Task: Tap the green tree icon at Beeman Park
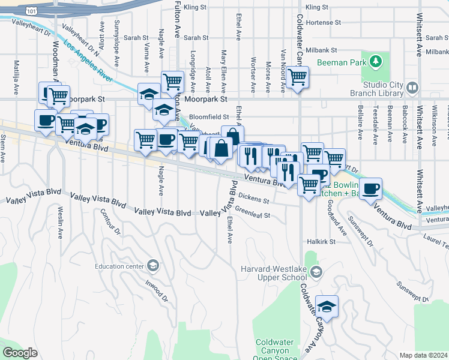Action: pyautogui.click(x=376, y=61)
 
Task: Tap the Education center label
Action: pyautogui.click(x=119, y=266)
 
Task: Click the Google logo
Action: pyautogui.click(x=20, y=352)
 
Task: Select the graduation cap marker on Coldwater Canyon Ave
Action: pyautogui.click(x=327, y=306)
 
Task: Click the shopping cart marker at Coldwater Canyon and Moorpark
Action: pyautogui.click(x=297, y=77)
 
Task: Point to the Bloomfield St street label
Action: pyautogui.click(x=209, y=116)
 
